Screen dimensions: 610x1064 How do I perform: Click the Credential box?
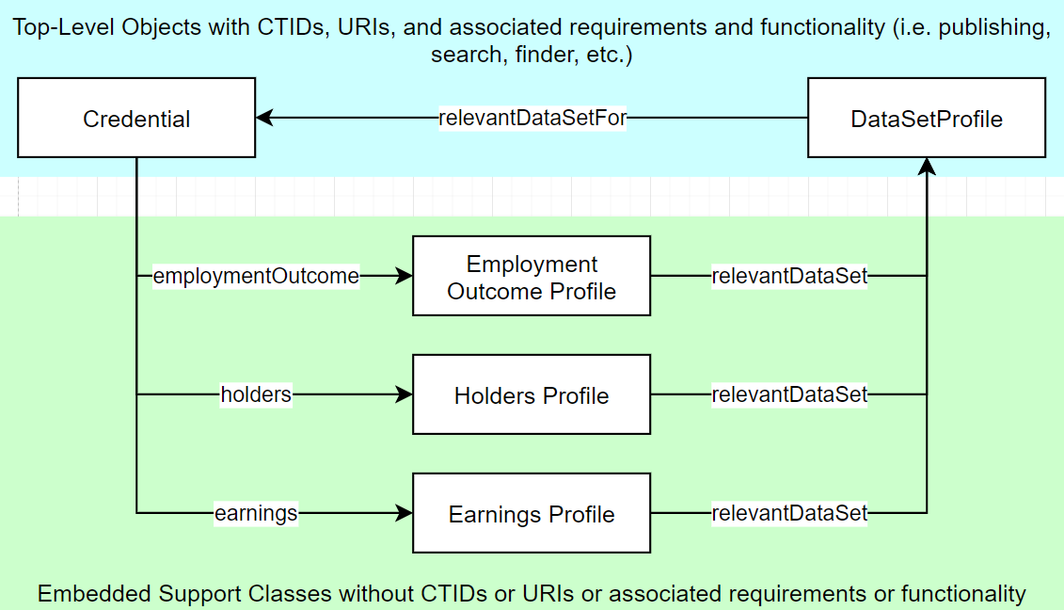click(136, 119)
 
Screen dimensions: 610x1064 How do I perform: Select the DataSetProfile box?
click(927, 119)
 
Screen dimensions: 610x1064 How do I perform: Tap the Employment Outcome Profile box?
click(532, 277)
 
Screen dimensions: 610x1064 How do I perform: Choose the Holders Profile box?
click(532, 395)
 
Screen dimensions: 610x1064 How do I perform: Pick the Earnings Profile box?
click(532, 514)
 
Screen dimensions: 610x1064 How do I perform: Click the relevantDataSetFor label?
click(532, 119)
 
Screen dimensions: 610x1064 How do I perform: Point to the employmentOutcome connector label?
click(256, 277)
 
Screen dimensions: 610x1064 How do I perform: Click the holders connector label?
click(256, 395)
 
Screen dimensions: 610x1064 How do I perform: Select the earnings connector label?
click(256, 514)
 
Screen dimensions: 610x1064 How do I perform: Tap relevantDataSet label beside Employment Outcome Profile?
click(789, 277)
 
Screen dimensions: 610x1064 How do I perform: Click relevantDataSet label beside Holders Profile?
click(789, 395)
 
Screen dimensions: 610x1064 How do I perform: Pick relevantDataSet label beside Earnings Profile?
click(789, 514)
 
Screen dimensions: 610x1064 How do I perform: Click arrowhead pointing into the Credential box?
click(264, 119)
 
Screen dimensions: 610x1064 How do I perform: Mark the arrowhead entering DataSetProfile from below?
click(927, 167)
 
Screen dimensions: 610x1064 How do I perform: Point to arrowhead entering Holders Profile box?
click(405, 395)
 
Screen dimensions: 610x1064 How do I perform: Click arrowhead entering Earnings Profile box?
click(405, 514)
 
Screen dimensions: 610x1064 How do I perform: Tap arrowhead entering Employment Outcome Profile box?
click(405, 277)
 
